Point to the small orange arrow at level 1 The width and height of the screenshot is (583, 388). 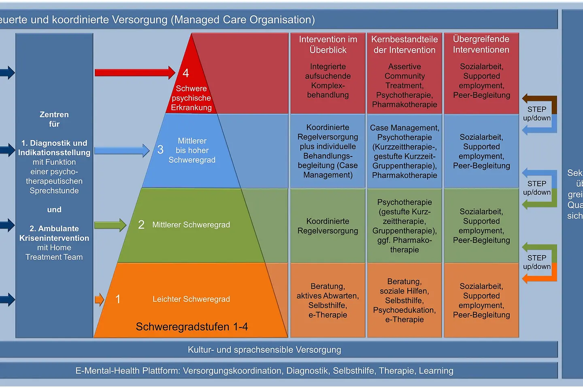[99, 299]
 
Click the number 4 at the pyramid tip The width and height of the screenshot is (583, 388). [186, 73]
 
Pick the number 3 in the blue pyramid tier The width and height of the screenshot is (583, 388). [160, 150]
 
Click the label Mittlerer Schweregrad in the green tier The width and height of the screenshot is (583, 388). [191, 225]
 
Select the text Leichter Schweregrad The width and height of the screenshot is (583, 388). [191, 299]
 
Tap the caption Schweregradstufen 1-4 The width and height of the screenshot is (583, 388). [191, 327]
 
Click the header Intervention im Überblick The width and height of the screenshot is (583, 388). [328, 44]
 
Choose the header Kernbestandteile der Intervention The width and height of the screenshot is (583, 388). [404, 44]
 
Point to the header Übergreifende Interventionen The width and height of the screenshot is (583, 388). [481, 44]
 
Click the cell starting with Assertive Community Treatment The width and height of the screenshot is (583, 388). [404, 85]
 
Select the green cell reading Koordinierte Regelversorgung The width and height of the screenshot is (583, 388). [328, 226]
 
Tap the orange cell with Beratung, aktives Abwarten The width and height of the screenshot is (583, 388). [328, 300]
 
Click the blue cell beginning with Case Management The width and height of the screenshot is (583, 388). [404, 151]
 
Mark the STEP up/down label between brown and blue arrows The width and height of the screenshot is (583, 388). [537, 114]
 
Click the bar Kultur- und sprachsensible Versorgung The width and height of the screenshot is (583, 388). [264, 350]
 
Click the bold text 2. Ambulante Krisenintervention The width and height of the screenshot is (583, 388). [54, 233]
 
